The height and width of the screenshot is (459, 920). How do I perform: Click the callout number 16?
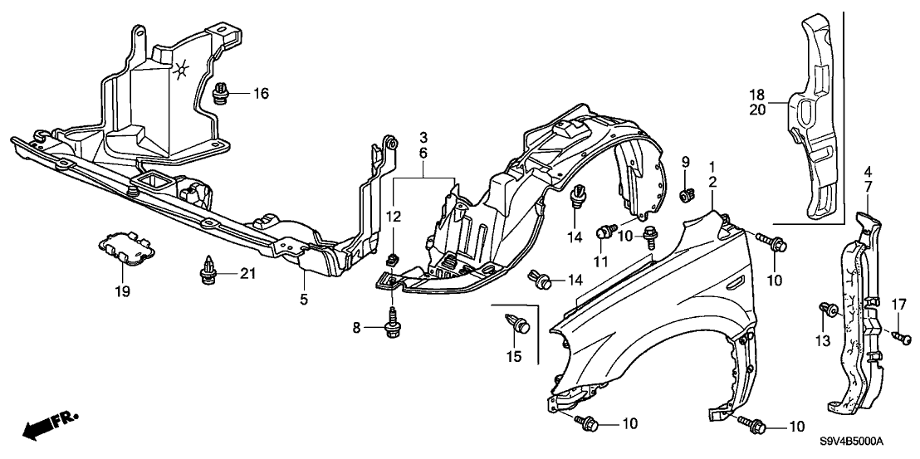tap(262, 94)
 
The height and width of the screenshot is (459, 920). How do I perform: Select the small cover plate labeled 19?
tap(123, 247)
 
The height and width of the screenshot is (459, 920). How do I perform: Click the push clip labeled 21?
tap(208, 271)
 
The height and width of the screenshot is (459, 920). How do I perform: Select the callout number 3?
tap(423, 135)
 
